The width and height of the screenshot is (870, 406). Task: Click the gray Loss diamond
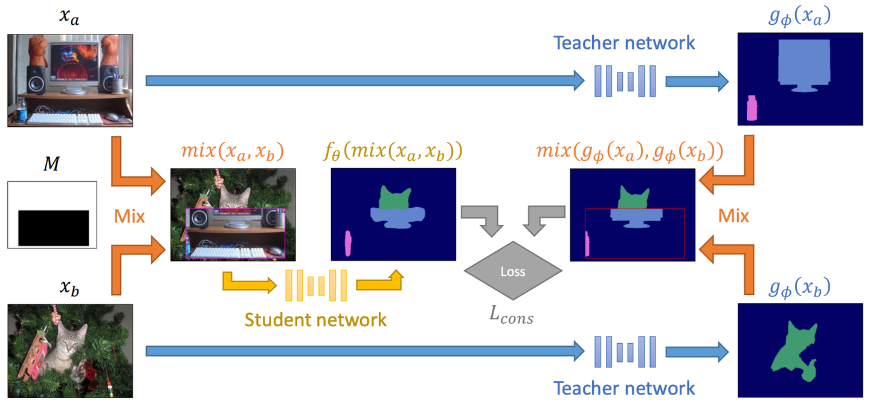513,271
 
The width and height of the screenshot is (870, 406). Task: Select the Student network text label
315,318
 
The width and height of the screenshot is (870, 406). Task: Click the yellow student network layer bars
315,285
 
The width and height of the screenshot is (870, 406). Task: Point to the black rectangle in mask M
54,227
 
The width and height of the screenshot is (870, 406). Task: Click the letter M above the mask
52,164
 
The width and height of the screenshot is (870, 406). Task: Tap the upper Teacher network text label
625,43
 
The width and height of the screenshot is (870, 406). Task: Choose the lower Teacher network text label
625,387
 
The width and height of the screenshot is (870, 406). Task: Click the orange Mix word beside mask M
129,216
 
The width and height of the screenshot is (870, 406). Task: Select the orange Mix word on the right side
733,216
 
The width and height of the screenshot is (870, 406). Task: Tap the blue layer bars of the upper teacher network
625,80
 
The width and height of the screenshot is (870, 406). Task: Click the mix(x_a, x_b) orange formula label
233,151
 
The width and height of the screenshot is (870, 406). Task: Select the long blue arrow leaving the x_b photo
362,350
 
